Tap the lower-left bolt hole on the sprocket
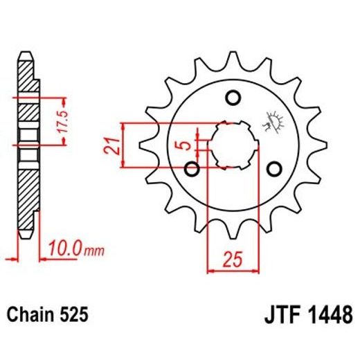click(193, 169)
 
